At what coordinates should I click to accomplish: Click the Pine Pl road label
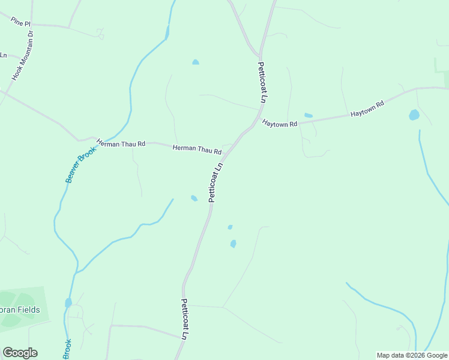pos(20,22)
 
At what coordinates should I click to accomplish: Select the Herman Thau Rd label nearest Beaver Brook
pos(121,143)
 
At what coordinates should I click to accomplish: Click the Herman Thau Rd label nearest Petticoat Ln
pos(197,148)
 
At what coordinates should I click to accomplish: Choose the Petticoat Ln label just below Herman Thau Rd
pos(215,182)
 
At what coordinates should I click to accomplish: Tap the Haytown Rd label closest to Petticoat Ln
pos(280,124)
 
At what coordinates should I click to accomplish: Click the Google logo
pos(20,353)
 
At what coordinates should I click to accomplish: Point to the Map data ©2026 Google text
pos(412,355)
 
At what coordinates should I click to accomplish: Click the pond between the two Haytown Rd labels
pos(309,115)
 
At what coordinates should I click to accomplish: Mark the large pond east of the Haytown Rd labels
pos(414,115)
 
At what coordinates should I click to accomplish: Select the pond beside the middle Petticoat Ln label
pos(194,198)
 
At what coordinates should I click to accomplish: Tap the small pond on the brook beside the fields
pos(68,302)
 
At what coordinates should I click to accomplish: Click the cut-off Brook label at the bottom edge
pos(67,348)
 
